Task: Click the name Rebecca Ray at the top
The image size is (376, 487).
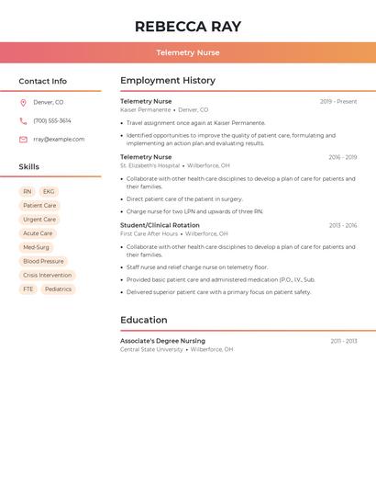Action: [x=187, y=26]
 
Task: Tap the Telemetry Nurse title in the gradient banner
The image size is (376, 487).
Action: [x=187, y=52]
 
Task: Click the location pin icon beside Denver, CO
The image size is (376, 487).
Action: [x=23, y=103]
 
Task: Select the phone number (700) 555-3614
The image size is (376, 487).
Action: [x=52, y=120]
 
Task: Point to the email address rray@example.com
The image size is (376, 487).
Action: [x=59, y=139]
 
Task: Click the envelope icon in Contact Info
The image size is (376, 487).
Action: [x=23, y=140]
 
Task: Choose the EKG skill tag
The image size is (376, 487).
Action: [x=49, y=192]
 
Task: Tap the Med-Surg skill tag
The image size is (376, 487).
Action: [x=36, y=247]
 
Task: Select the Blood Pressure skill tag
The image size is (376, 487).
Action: [x=43, y=261]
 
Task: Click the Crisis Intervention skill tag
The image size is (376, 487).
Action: [x=47, y=275]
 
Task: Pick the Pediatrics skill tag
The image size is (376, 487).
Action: [x=58, y=289]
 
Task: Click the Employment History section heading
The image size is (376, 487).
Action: [x=168, y=81]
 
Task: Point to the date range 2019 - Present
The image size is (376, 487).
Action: [x=338, y=101]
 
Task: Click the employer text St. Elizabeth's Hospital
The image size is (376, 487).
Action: [x=149, y=165]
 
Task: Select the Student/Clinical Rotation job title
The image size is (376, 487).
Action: [x=160, y=225]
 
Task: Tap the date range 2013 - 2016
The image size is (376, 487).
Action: [x=343, y=225]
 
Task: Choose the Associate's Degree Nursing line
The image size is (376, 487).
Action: [x=162, y=341]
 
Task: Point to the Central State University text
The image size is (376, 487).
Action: [x=151, y=349]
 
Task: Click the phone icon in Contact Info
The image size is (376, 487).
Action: [x=23, y=120]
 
